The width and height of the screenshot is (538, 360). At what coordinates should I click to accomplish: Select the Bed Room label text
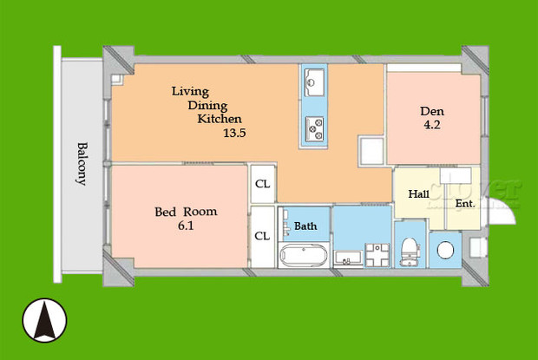tap(186, 212)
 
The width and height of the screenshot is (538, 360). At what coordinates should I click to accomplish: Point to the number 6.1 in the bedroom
tap(186, 227)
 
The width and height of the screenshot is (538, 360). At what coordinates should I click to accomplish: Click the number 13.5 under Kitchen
tap(236, 134)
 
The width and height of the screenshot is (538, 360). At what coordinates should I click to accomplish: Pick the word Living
tap(190, 90)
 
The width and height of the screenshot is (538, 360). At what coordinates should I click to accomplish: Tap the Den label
tap(433, 111)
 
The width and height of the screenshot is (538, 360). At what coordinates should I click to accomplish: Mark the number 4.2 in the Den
tap(432, 125)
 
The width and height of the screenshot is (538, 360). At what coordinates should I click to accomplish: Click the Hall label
tap(418, 194)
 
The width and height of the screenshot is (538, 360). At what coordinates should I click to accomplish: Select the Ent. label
tap(464, 204)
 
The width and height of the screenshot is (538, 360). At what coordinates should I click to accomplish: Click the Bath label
tap(305, 226)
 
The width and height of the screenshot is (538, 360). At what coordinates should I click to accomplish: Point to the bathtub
tap(303, 256)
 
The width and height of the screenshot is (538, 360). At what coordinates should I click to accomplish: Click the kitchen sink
tap(313, 84)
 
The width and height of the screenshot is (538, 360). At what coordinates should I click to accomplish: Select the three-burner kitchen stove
tap(313, 128)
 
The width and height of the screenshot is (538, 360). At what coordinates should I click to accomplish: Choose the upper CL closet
tap(261, 184)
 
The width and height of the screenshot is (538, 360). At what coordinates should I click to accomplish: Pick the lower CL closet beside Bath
tap(261, 235)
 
